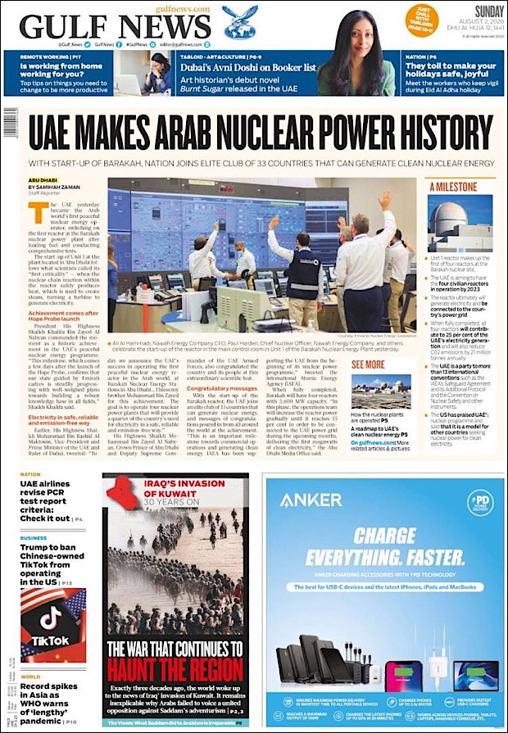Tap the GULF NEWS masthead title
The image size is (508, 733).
(116, 27)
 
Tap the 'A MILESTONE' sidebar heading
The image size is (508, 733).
(455, 187)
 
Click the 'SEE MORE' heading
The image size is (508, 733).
(368, 364)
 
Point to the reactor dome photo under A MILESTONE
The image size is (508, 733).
(460, 222)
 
